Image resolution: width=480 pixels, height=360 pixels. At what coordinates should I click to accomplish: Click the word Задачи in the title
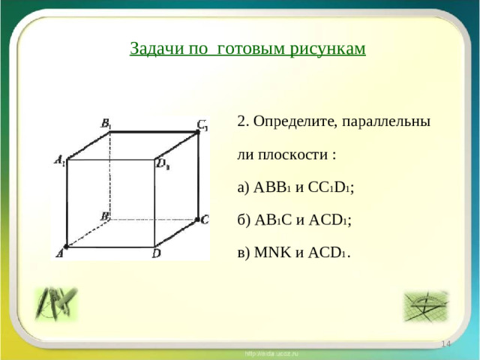click(x=153, y=49)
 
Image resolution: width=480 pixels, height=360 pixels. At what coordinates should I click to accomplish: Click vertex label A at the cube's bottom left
click(x=59, y=254)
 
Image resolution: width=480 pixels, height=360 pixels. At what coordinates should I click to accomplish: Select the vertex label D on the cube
click(x=156, y=254)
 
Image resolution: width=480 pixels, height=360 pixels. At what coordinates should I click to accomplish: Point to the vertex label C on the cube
click(x=205, y=219)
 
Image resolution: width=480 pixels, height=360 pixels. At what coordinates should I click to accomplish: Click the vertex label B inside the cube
click(x=105, y=216)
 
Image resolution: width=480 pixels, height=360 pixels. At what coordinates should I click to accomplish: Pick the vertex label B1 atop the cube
click(x=106, y=124)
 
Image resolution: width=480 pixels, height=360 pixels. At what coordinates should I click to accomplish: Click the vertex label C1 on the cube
click(x=202, y=124)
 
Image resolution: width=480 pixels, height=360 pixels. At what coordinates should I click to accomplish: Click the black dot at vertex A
click(x=66, y=246)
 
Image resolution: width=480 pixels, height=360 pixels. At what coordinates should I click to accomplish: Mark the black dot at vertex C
click(x=196, y=219)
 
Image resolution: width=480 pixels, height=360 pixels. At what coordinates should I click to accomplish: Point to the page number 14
click(x=445, y=343)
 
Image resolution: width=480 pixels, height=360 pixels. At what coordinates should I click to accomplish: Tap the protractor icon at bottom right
click(x=425, y=305)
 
